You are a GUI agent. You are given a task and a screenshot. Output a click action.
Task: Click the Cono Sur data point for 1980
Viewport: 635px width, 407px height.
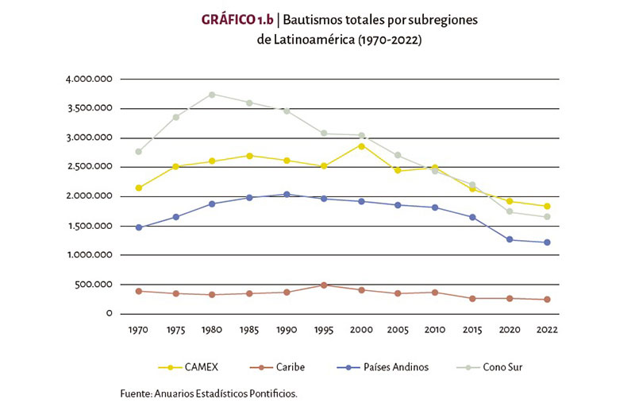point(212,95)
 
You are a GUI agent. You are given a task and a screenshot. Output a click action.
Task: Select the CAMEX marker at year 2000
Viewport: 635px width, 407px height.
point(360,145)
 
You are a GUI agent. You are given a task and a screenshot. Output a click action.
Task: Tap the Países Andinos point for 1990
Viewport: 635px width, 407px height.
point(287,194)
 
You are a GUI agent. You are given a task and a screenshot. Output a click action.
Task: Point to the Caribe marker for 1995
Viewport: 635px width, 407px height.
point(324,285)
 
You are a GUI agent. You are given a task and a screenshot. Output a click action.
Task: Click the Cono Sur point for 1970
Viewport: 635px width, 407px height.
point(138,151)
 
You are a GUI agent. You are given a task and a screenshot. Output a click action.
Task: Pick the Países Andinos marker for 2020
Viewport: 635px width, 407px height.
point(510,239)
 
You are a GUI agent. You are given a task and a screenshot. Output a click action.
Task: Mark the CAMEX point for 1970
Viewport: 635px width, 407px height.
point(138,188)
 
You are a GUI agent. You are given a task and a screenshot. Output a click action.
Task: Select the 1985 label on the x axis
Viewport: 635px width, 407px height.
point(249,329)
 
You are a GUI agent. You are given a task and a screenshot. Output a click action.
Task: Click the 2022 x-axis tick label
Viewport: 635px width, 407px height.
point(547,329)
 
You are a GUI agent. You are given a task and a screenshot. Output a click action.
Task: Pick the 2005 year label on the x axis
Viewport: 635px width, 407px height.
point(398,329)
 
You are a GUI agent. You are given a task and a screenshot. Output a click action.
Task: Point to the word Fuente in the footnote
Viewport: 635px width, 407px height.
point(137,393)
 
